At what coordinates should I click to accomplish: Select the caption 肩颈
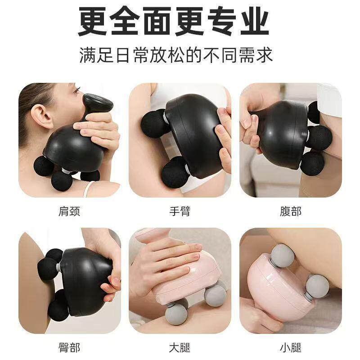[69, 211]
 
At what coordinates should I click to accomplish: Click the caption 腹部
[291, 211]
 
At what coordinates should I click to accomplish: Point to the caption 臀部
[69, 347]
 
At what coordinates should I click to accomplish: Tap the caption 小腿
[291, 347]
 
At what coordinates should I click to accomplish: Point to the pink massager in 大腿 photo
[189, 279]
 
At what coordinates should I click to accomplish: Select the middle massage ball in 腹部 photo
[319, 137]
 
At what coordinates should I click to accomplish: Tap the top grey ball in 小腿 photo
[283, 255]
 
